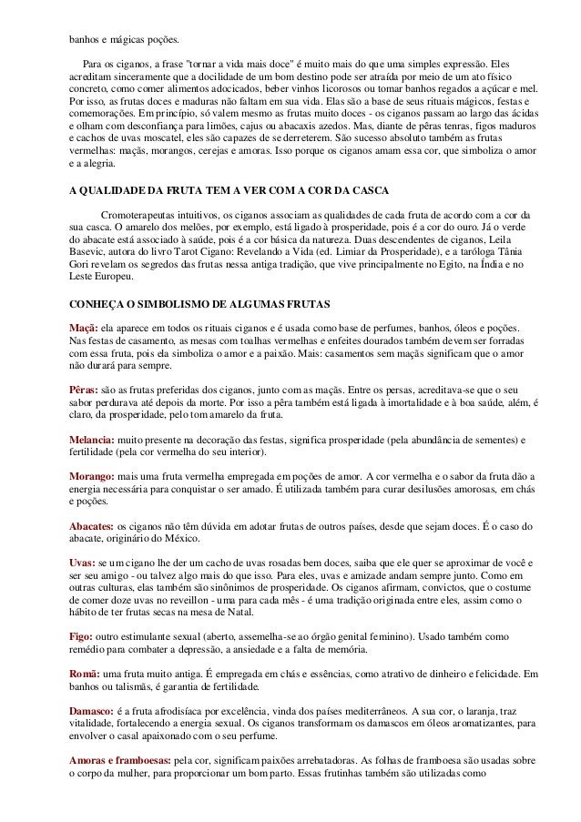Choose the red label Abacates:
[x=94, y=526]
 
